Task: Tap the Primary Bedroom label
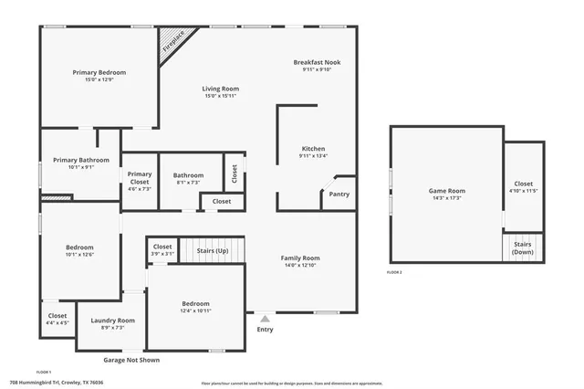point(99,72)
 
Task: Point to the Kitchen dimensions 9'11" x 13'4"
point(312,156)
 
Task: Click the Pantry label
point(339,194)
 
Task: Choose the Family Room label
point(299,258)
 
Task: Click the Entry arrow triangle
point(266,319)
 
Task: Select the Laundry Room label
point(112,321)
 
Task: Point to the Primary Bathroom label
point(80,160)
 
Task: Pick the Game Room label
point(446,191)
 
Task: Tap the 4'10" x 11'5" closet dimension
point(523,191)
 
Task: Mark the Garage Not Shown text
point(130,360)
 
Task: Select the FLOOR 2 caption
point(394,273)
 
